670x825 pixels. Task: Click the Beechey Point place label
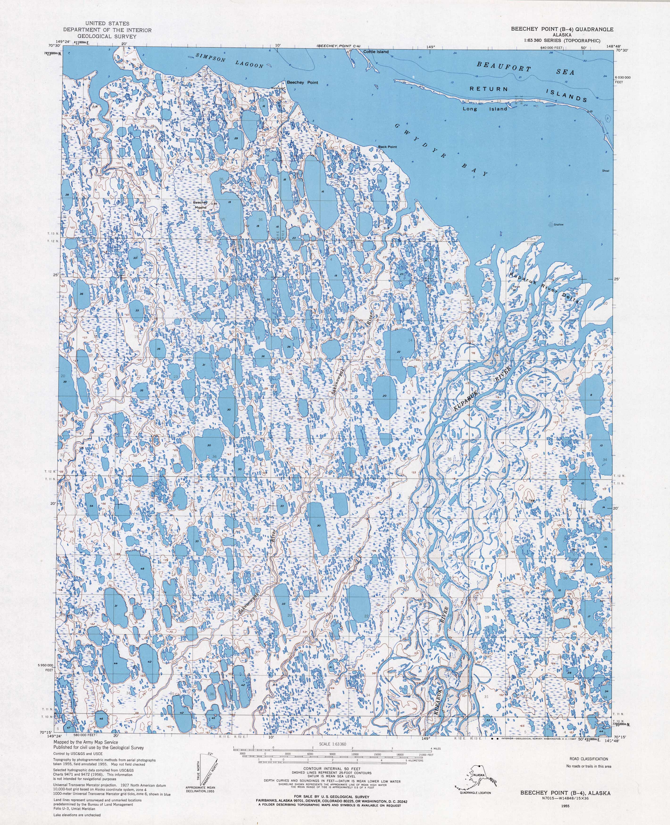[x=302, y=82]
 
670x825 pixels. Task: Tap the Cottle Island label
[x=375, y=52]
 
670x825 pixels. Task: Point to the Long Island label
[x=485, y=109]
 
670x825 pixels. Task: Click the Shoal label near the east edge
[x=605, y=170]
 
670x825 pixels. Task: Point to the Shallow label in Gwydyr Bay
[x=558, y=224]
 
